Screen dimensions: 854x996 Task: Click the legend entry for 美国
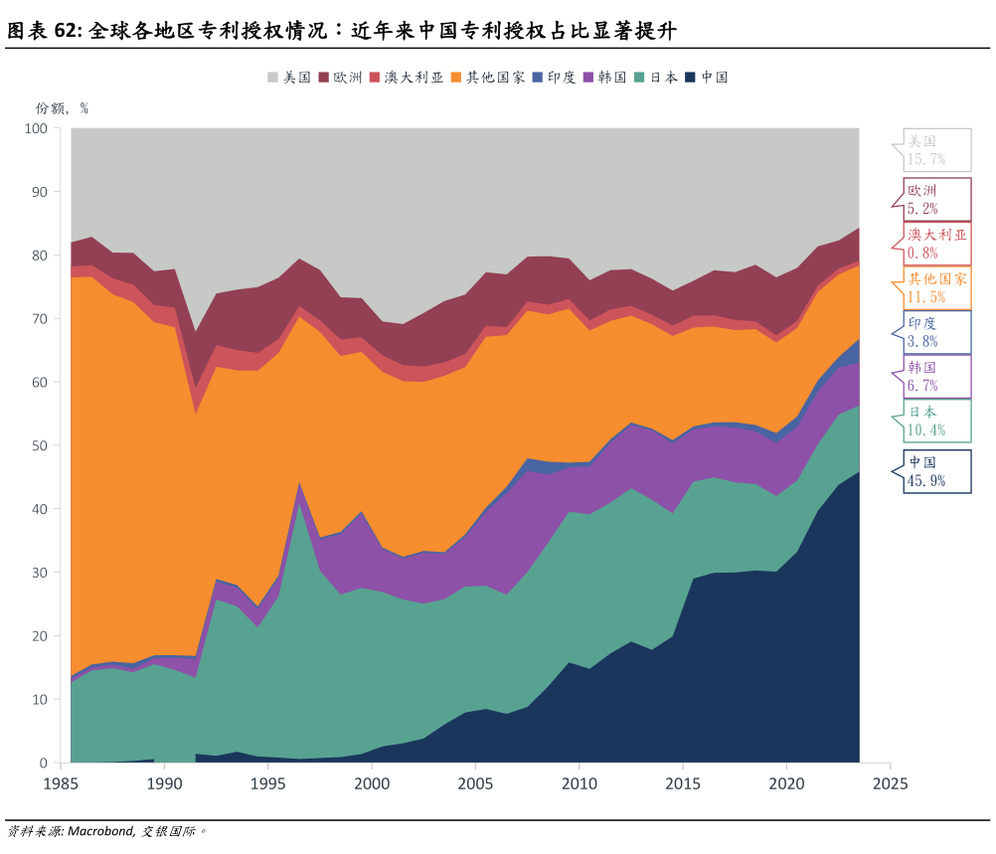point(290,77)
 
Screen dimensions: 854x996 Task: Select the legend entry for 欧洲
point(341,77)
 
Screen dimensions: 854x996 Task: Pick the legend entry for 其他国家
point(488,77)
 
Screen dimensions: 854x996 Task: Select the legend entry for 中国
point(708,77)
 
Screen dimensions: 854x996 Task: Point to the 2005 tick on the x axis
point(475,783)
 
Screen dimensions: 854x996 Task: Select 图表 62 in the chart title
point(44,31)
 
